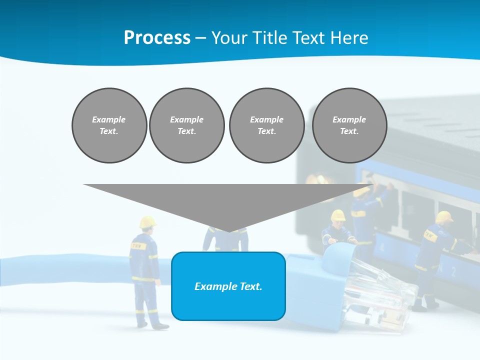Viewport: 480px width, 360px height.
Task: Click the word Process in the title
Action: pyautogui.click(x=157, y=38)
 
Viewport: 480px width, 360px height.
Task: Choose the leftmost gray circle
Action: pyautogui.click(x=109, y=125)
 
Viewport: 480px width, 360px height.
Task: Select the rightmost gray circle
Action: pyautogui.click(x=349, y=125)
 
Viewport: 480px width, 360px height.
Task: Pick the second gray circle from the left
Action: pyautogui.click(x=187, y=125)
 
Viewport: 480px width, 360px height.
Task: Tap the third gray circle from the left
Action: pyautogui.click(x=267, y=125)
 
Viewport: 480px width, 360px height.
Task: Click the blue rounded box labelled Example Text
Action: pyautogui.click(x=228, y=286)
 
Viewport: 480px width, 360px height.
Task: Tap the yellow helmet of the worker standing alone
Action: pyautogui.click(x=147, y=221)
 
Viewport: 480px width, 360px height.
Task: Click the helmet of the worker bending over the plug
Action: pyautogui.click(x=338, y=215)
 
